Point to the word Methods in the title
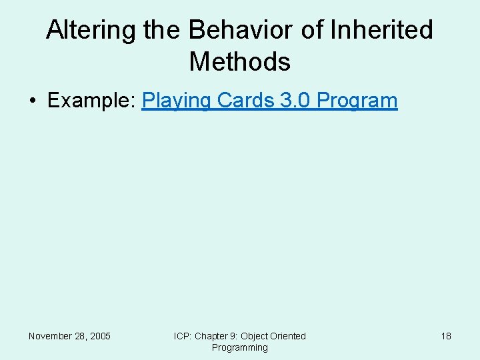point(240,62)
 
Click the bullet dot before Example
point(33,101)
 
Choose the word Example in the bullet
point(92,101)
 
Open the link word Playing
point(176,101)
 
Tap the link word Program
point(358,101)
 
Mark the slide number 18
point(446,336)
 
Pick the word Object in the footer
point(254,336)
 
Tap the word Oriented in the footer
point(288,336)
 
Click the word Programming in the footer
point(240,347)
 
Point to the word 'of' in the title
point(314,30)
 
